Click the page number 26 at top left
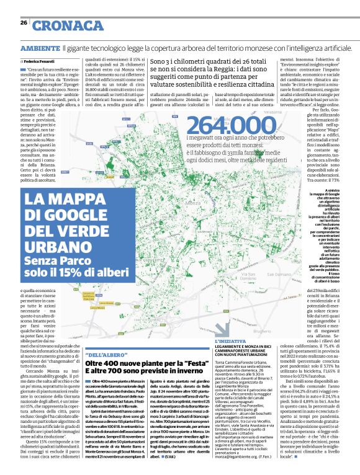point(24,23)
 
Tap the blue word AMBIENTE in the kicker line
point(40,48)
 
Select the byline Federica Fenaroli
point(40,63)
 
